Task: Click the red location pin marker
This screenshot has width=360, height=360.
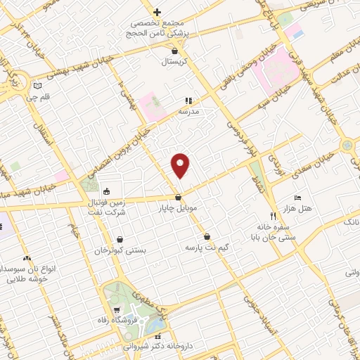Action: coord(181,164)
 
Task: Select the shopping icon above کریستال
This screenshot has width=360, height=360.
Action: coord(175,51)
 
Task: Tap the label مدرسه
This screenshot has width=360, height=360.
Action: coord(188,112)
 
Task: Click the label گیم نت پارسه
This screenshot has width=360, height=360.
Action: coord(207,248)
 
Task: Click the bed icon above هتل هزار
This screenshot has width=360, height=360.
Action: coord(297,198)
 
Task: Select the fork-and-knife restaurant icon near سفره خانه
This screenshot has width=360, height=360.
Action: coord(273,215)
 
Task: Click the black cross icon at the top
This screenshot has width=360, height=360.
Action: coord(157,11)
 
